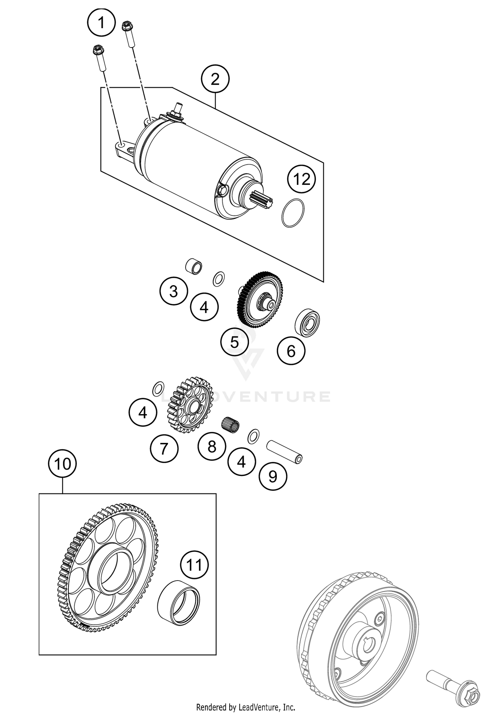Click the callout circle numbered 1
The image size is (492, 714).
point(101,23)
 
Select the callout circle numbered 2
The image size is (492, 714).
point(215,79)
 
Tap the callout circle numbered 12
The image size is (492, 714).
point(301,179)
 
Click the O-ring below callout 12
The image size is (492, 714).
point(293,213)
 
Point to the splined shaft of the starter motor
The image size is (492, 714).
point(260,200)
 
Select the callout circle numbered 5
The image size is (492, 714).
point(234,342)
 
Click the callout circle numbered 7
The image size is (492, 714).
point(164,448)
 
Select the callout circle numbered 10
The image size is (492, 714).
point(62,464)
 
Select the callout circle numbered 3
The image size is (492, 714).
point(174,291)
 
